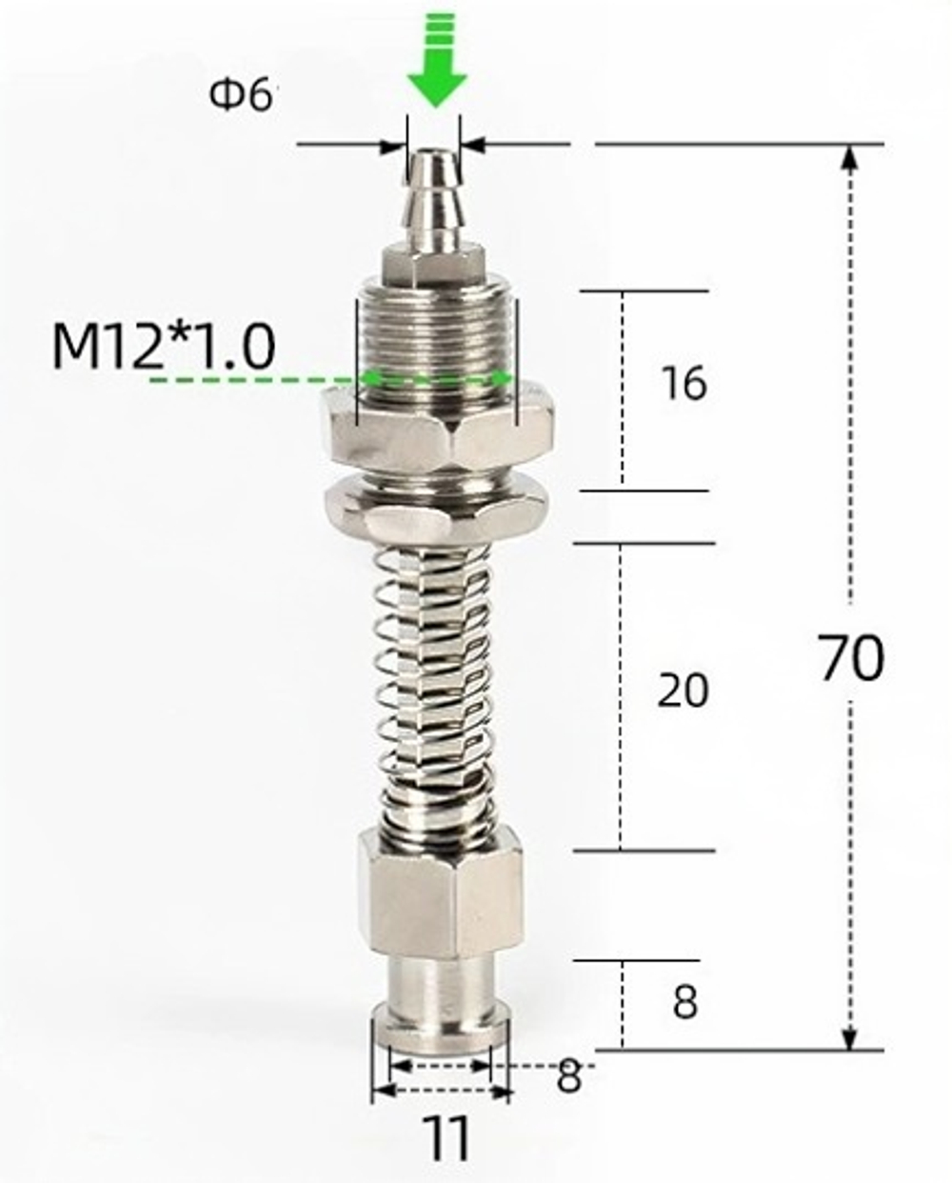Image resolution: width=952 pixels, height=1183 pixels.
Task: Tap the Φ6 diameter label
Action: point(242,94)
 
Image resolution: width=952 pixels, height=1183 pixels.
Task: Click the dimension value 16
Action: point(684,384)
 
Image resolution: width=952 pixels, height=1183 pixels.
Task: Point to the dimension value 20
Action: point(683,691)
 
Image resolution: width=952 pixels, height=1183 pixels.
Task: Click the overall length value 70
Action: point(851,658)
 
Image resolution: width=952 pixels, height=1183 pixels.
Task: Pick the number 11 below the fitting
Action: point(446,1138)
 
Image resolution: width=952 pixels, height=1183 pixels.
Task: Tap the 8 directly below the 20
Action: point(684,1003)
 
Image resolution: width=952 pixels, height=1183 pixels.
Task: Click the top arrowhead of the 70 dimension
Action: point(851,158)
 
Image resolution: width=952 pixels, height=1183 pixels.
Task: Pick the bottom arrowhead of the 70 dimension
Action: point(851,1038)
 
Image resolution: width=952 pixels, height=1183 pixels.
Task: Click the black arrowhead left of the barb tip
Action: point(391,147)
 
